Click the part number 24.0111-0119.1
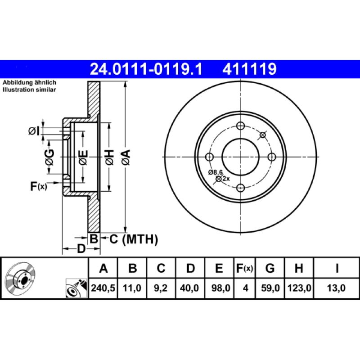pos(147,69)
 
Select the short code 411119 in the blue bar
pos(249,69)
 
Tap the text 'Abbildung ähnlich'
pos(29,83)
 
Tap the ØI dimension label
pos(34,131)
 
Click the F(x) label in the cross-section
pos(38,186)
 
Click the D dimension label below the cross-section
pos(81,248)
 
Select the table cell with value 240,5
pos(103,287)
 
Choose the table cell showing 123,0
pos(298,287)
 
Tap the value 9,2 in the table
pos(161,287)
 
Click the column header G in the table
pos(270,269)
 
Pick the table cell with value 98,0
pos(219,287)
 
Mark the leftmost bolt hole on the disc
pos(209,157)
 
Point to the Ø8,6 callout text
pos(216,172)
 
